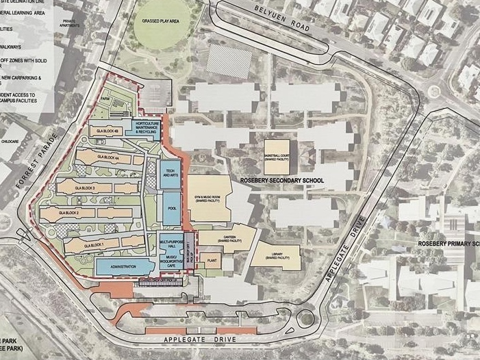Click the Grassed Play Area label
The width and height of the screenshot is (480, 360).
(160, 21)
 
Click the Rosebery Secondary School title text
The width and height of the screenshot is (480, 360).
(281, 181)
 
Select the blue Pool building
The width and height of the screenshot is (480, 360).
(169, 207)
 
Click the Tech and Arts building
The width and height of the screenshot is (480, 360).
(168, 175)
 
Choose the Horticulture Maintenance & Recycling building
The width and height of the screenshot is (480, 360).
(143, 127)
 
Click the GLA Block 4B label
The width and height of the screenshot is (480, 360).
(109, 131)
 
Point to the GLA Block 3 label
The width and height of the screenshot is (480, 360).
(84, 186)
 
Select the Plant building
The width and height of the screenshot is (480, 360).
(212, 261)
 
